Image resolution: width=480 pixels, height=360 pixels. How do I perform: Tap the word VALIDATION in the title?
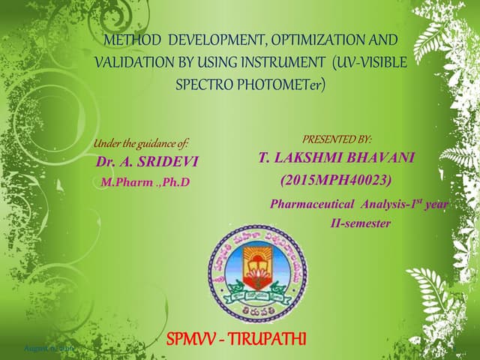click(x=127, y=62)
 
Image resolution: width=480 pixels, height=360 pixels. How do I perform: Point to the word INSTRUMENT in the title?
click(x=270, y=62)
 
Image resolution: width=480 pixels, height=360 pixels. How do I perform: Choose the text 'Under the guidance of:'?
click(x=141, y=143)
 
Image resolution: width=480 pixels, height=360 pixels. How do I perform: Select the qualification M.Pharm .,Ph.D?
click(x=145, y=181)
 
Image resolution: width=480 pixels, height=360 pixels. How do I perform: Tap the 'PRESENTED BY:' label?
click(x=337, y=139)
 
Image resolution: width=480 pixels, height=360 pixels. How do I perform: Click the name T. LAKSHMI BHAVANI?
click(x=336, y=157)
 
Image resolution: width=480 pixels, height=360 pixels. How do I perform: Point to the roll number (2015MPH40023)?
click(x=336, y=180)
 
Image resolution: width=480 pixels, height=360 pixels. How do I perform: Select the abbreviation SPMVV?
click(x=197, y=339)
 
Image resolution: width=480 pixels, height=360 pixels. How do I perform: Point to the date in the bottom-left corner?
click(x=48, y=349)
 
